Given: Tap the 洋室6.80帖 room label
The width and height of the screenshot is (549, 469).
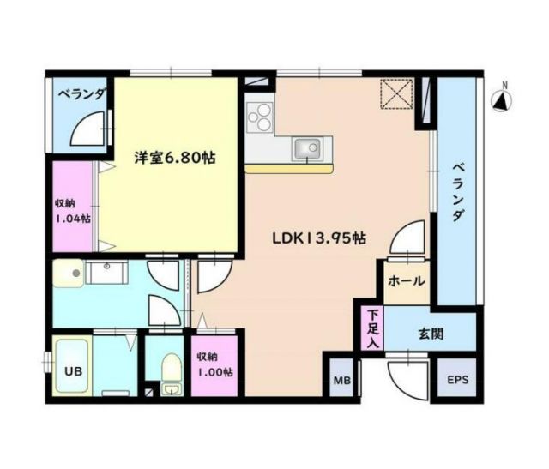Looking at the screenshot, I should [x=174, y=158].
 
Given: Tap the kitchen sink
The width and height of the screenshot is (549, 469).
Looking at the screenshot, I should [x=308, y=151].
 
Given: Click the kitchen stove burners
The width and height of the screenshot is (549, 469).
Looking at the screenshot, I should [x=259, y=117].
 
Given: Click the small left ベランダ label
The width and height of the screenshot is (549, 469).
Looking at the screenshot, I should [x=81, y=95].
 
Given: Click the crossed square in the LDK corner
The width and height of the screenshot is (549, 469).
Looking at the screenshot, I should [x=397, y=94].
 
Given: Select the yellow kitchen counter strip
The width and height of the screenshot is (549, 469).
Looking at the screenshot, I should [x=288, y=170].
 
